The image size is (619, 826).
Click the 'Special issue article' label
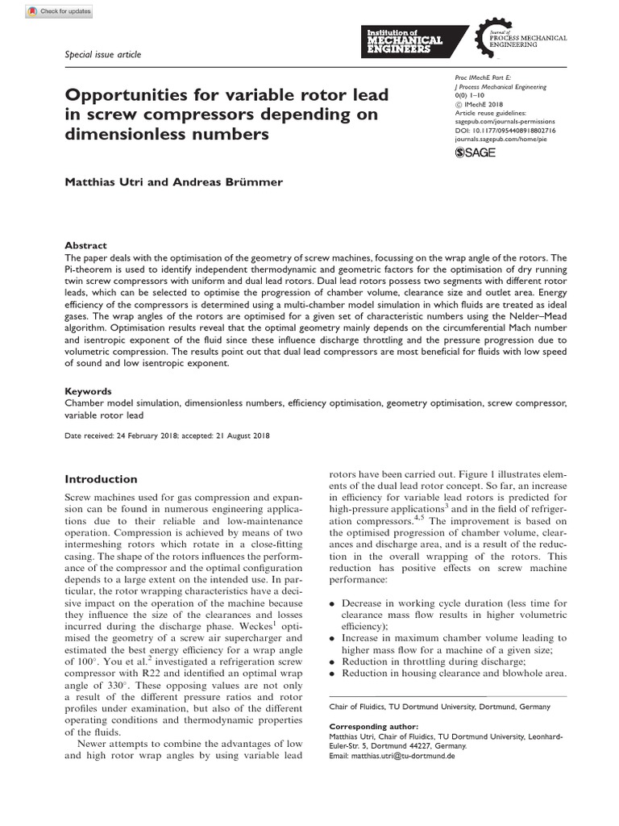[102, 54]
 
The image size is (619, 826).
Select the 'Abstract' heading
[85, 245]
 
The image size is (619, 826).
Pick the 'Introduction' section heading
[101, 478]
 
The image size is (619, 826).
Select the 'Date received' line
[167, 436]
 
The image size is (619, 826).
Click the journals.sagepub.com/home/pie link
[512, 139]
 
